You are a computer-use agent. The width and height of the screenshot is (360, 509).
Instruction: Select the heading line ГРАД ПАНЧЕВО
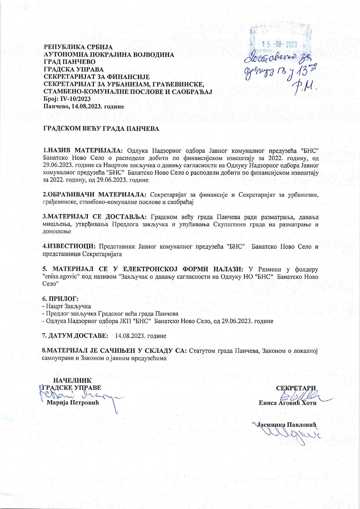point(69,62)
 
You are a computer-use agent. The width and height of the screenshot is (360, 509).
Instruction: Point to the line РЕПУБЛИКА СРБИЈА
point(78,47)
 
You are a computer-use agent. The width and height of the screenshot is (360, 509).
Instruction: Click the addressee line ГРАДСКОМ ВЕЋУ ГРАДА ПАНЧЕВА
point(101,129)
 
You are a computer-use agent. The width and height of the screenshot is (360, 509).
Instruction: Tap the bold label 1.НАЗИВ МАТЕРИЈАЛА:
point(83,150)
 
